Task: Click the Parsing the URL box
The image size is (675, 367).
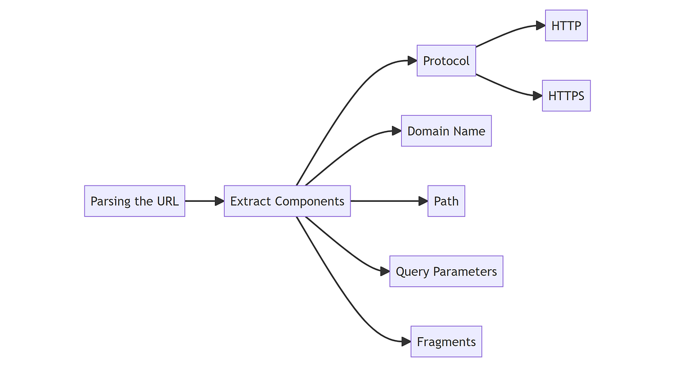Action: [x=134, y=201]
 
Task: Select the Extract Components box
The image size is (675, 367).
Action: [x=287, y=201]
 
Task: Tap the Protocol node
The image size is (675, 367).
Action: [x=446, y=61]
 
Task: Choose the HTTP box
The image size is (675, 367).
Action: [x=566, y=25]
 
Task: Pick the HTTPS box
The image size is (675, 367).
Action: [x=566, y=96]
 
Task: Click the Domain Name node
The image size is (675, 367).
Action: [x=446, y=131]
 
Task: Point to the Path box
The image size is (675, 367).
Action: [x=446, y=201]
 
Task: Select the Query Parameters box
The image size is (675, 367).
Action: [x=446, y=271]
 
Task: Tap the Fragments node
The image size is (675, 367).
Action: [x=446, y=342]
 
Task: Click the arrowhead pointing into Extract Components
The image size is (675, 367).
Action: [x=219, y=201]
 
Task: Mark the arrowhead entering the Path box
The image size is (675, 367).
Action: [x=423, y=201]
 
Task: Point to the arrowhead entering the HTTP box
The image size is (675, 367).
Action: [x=541, y=25]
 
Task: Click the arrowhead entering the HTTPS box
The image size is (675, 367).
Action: [x=538, y=96]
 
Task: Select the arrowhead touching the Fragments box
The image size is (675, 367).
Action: [x=406, y=342]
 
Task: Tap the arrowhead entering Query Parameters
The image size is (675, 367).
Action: [x=385, y=271]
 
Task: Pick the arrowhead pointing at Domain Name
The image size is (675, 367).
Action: [x=397, y=131]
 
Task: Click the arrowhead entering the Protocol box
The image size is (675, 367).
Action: [x=412, y=61]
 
